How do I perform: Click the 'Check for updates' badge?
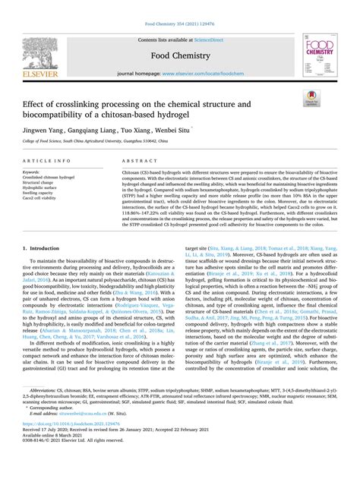(x=312, y=96)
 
